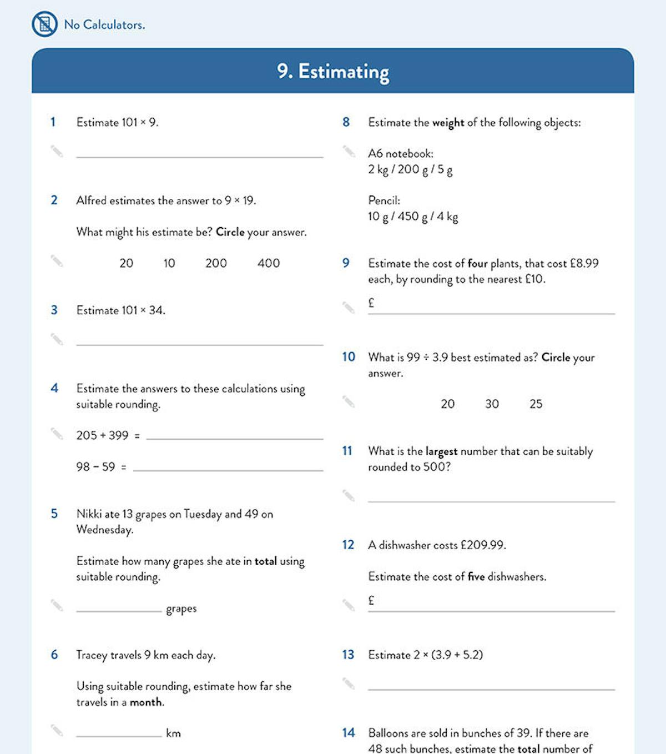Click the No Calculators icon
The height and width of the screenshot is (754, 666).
click(x=44, y=24)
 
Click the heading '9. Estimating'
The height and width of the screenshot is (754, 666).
click(x=333, y=72)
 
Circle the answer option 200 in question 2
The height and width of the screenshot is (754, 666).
click(x=216, y=263)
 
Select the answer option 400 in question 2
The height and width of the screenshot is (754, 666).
click(x=269, y=263)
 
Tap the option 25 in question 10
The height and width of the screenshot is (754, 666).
click(x=536, y=404)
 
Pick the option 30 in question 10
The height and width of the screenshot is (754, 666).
click(x=492, y=404)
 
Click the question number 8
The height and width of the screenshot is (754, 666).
click(x=346, y=122)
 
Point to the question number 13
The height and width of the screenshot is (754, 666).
click(x=348, y=655)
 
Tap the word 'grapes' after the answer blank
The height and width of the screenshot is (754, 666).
click(x=181, y=609)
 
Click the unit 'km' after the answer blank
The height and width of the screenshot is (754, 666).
click(x=173, y=733)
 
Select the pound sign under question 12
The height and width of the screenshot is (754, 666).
click(x=371, y=600)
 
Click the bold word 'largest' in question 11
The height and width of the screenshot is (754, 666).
click(x=441, y=451)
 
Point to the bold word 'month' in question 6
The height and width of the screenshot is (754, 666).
click(x=147, y=702)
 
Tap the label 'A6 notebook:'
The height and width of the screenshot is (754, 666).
click(x=401, y=154)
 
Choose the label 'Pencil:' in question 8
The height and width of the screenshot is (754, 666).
click(x=384, y=200)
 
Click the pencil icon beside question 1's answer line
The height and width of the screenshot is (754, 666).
click(x=57, y=151)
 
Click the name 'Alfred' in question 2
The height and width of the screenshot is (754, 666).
click(x=91, y=200)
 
